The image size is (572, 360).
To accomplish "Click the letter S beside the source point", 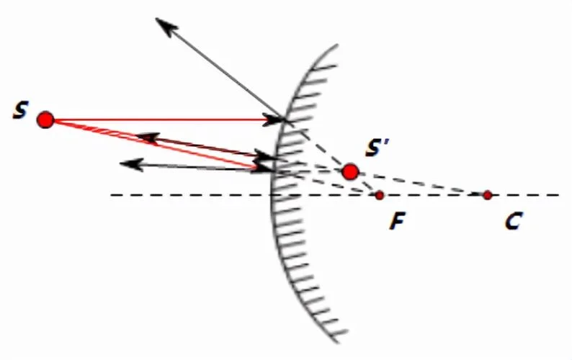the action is (x=20, y=110).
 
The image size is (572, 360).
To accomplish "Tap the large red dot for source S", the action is (x=45, y=120).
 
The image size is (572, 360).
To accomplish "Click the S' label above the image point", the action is (x=377, y=148).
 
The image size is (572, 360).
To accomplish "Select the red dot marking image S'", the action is (x=351, y=172).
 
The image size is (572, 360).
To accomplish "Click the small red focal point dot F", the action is (x=380, y=195).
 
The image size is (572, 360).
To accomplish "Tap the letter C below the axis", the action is (x=514, y=220).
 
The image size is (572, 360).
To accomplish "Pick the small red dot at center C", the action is (x=488, y=195).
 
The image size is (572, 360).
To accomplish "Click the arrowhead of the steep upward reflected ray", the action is (x=166, y=26).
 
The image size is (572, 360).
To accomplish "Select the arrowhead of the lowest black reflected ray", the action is (x=131, y=164).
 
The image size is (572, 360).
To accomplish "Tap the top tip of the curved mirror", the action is (x=336, y=45).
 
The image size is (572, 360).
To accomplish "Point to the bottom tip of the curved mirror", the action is (x=337, y=342).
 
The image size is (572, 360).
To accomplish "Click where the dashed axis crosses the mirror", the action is (x=272, y=195).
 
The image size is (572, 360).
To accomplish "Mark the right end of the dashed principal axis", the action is (x=558, y=195).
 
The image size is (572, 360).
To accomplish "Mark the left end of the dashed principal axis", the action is (x=111, y=195).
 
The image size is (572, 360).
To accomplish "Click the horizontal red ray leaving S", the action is (x=164, y=120).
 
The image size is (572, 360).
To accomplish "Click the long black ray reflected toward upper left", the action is (x=220, y=68).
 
